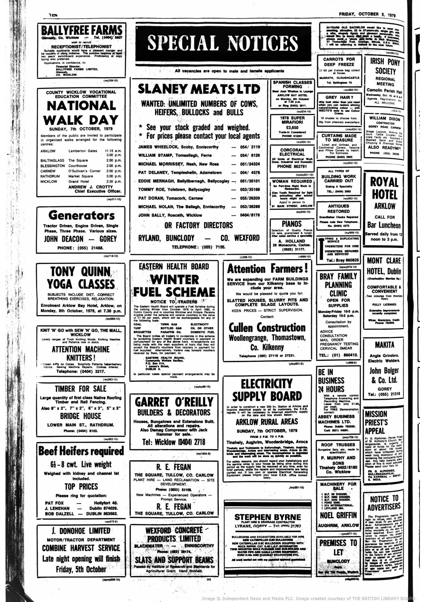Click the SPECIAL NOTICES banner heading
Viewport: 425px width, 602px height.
[223, 43]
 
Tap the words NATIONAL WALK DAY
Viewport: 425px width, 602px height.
[81, 113]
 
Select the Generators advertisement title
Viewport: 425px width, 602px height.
[81, 215]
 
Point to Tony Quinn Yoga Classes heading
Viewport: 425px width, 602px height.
[81, 278]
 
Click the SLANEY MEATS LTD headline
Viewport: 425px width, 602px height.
[199, 89]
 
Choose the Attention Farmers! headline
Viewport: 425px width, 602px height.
[267, 268]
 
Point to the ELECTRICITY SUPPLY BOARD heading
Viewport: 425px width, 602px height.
[267, 390]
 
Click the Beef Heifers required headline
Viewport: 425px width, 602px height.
[81, 451]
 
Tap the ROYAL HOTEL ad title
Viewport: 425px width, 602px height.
[385, 188]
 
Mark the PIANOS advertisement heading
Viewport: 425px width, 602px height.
[292, 224]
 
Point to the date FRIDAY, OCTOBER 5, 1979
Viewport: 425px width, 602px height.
[367, 15]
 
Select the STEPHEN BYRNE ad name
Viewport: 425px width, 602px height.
[267, 517]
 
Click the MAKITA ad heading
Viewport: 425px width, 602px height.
[384, 345]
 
